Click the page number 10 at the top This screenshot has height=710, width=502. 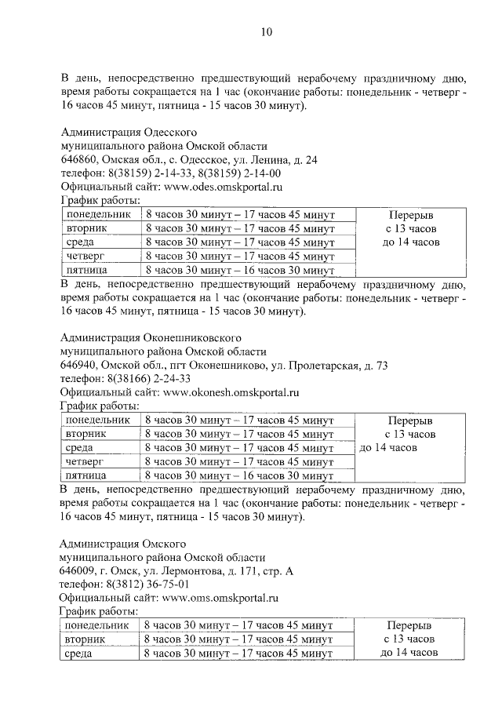tap(266, 33)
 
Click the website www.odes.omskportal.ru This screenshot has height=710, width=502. tap(222, 188)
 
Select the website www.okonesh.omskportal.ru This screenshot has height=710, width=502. tap(231, 392)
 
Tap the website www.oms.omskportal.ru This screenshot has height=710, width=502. tap(221, 597)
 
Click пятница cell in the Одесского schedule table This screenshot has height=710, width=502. tap(86, 270)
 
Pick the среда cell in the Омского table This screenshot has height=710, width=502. tap(79, 653)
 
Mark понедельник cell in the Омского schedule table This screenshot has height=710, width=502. tap(96, 625)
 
